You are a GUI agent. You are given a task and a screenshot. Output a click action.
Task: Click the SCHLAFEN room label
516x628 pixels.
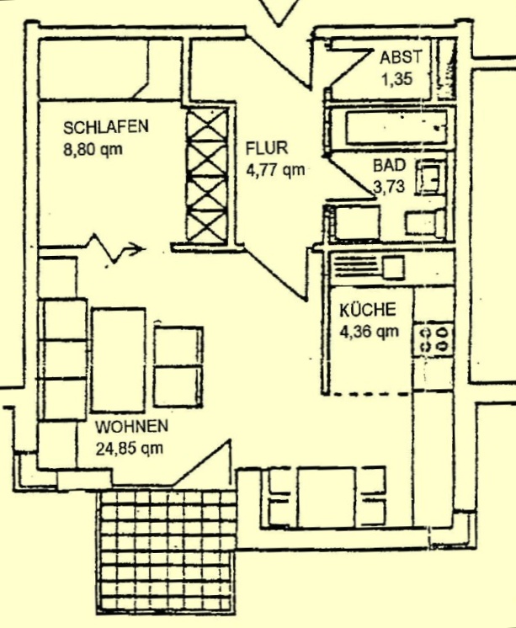pos(106,126)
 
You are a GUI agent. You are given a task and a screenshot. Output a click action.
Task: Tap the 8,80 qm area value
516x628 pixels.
pos(93,149)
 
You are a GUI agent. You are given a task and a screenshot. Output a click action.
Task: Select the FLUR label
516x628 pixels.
pos(267,148)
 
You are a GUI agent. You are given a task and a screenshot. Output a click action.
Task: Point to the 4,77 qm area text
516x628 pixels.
pos(275,170)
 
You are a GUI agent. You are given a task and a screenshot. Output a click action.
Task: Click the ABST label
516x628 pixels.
pos(401,57)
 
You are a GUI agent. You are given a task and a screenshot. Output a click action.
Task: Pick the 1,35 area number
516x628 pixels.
pos(397,79)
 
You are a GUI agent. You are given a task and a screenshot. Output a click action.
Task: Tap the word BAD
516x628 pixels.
pos(390,165)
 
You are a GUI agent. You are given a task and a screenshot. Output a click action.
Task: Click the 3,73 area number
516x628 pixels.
pos(389,187)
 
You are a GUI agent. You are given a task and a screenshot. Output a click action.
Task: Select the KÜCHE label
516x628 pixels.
pos(368,310)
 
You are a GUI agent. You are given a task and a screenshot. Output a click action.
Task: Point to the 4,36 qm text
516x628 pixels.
pos(370,332)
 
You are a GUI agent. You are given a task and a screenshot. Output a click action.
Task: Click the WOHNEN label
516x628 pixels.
pos(131,426)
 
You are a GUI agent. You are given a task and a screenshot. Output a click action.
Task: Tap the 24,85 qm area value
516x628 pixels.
pos(130,448)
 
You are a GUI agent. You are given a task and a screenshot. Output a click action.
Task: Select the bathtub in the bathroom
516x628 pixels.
pos(396,128)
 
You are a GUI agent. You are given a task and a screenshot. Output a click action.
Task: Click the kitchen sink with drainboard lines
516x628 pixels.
pos(368,267)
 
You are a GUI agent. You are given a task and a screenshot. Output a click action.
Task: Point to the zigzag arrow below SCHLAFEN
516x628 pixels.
pos(115,248)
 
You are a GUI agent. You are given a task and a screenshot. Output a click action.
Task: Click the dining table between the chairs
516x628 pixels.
pos(327,498)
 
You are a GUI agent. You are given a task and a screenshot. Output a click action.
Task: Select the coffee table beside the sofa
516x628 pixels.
pos(118,359)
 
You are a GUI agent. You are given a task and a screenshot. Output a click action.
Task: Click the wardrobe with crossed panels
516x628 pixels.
pos(208,175)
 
